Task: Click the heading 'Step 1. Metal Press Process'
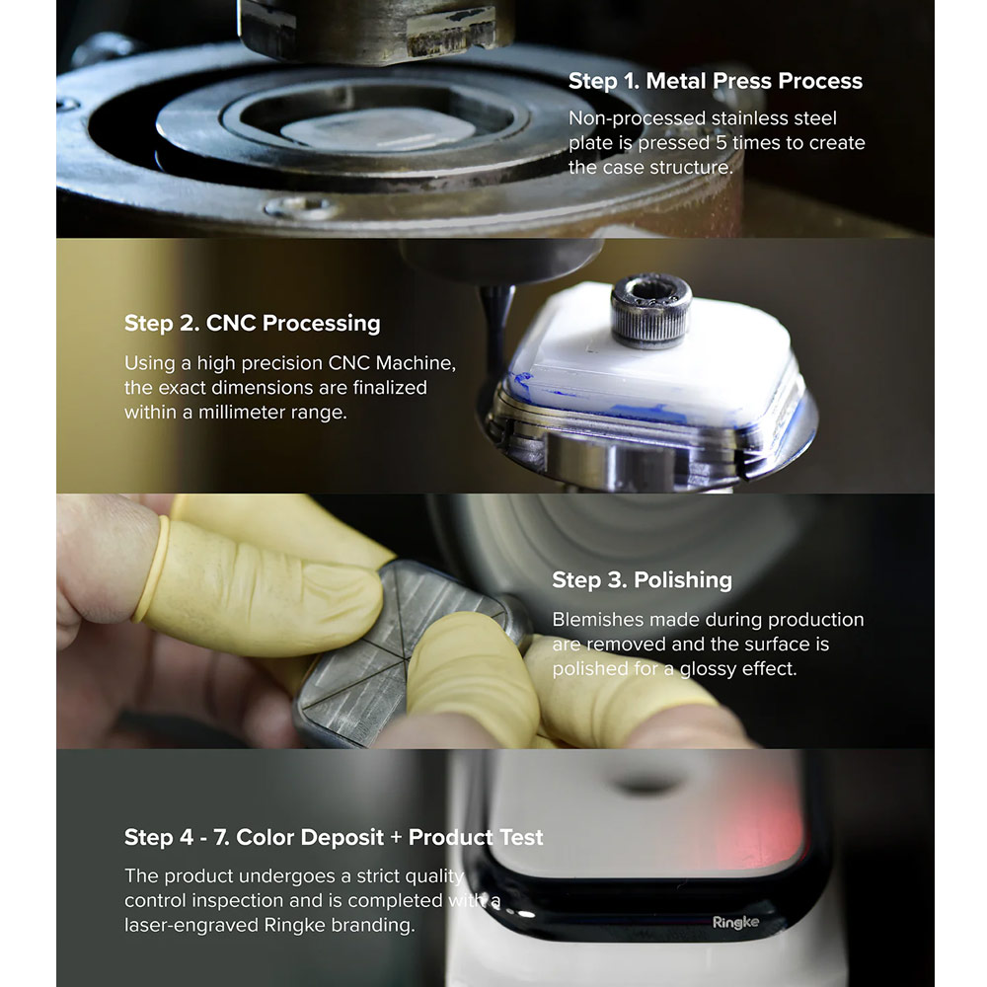(715, 81)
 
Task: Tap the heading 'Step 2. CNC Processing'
(252, 323)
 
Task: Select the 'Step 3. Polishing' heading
(643, 579)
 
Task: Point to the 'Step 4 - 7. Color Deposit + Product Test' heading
(333, 837)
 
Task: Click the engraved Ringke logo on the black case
(735, 923)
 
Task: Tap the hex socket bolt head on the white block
(650, 310)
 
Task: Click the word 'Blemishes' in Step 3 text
(598, 620)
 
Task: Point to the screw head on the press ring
(301, 207)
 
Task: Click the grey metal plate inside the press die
(378, 129)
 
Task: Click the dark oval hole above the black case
(646, 785)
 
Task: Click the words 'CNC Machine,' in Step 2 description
(392, 363)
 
